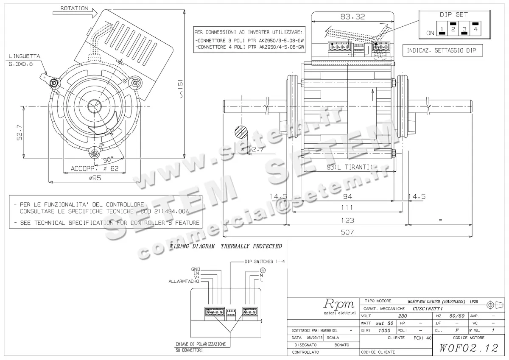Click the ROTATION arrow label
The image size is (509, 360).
(74, 8)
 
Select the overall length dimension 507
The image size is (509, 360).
(347, 232)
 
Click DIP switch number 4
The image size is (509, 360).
(475, 29)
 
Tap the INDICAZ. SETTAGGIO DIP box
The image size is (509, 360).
(442, 50)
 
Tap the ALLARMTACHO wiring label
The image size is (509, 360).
(184, 281)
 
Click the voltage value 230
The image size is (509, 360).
(403, 316)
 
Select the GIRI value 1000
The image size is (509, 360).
(384, 330)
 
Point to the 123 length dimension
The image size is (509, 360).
(347, 220)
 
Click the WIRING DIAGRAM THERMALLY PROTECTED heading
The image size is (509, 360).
(226, 246)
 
